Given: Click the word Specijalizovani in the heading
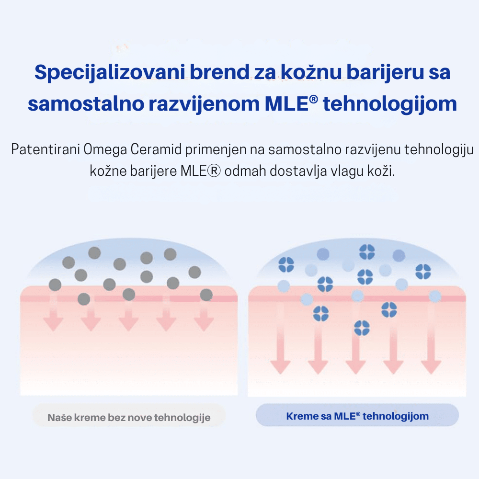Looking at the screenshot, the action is pos(110,73).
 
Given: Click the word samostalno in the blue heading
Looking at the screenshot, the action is pos(86,103).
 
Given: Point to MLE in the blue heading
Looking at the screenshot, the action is pos(287,104).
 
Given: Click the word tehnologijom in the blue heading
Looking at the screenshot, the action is pos(390,104).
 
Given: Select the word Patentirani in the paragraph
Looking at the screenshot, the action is pos(46,149).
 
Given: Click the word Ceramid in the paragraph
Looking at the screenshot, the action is pos(156,149).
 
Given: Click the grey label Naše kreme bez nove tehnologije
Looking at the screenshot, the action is pos(129,417).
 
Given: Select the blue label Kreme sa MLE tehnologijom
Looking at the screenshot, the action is pos(357,416).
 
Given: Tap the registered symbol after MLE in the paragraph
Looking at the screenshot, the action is pos(214,171).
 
